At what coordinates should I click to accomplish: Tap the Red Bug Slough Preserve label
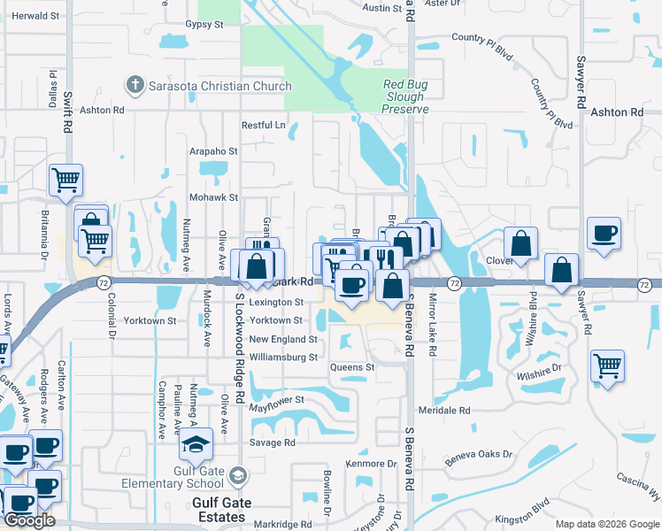click(405, 97)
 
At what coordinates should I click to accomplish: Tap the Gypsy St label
click(204, 25)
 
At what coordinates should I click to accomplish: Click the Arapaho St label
click(213, 151)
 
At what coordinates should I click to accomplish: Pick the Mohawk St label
click(213, 197)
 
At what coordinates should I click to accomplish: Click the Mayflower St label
click(276, 400)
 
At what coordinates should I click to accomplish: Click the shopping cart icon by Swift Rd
click(65, 181)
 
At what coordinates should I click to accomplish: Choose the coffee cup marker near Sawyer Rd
click(604, 235)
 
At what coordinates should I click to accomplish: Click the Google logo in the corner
click(30, 520)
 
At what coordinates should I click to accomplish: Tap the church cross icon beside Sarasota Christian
click(135, 86)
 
